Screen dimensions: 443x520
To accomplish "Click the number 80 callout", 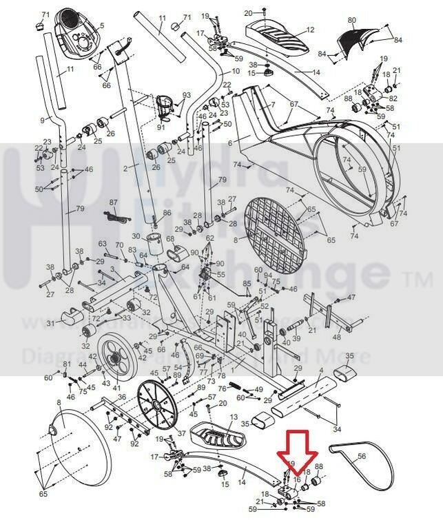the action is coord(351,21).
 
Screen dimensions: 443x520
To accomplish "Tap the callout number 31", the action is coord(50,324).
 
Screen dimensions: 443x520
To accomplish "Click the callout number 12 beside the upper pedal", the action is coord(310,30).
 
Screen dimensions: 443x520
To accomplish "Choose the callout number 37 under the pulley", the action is coord(182,434).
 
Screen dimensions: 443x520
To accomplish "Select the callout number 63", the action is coord(103,244).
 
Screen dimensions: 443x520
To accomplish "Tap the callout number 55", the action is coord(221,275).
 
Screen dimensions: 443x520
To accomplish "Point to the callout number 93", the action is coord(186,95).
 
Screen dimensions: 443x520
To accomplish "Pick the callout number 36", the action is coord(121,397).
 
